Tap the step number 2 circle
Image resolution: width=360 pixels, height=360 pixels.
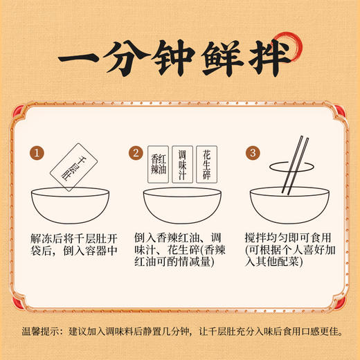click(x=136, y=152)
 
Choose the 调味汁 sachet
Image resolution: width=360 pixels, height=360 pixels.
click(x=181, y=165)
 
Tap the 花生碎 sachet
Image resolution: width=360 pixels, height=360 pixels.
click(x=206, y=162)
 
